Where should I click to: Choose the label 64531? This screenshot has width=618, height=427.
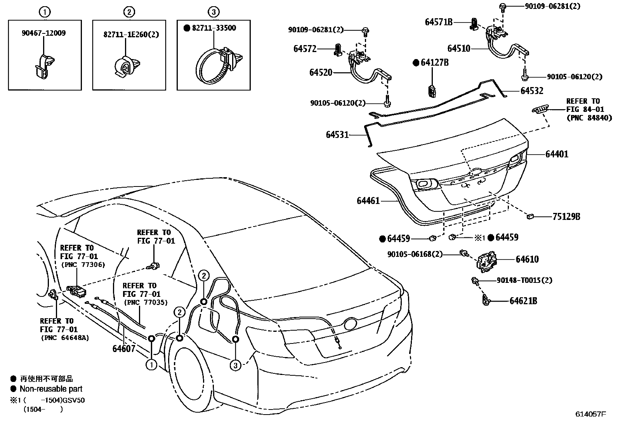(x=337, y=135)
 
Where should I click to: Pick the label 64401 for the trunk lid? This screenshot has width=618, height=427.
(x=556, y=154)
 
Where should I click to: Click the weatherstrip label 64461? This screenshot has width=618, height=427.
(x=368, y=201)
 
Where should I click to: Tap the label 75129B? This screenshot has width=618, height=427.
(x=566, y=216)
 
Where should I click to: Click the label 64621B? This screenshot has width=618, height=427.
(x=523, y=301)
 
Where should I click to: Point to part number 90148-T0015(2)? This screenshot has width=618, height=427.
(x=524, y=280)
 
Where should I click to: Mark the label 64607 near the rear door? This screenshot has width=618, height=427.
(x=124, y=348)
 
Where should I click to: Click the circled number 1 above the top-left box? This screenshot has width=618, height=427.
(x=45, y=12)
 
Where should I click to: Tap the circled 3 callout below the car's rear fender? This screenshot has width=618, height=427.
(x=235, y=365)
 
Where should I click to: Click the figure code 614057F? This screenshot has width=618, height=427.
(x=590, y=414)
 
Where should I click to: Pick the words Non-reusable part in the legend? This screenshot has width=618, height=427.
(x=51, y=389)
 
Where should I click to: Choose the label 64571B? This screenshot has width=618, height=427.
(x=439, y=22)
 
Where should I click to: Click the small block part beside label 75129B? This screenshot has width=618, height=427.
(x=531, y=216)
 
